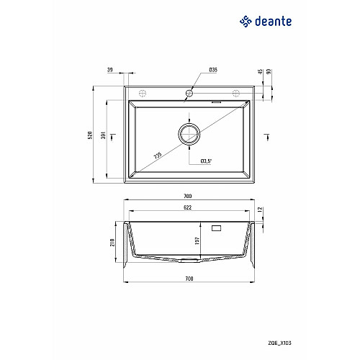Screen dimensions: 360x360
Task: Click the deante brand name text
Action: [274, 22]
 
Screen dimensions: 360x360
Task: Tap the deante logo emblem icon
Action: [246, 22]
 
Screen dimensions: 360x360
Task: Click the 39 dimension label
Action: [110, 70]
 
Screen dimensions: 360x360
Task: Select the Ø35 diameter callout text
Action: [213, 70]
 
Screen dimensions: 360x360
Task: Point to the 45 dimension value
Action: [261, 71]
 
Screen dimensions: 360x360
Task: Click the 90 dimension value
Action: [269, 71]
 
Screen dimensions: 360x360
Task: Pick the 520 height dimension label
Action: [90, 135]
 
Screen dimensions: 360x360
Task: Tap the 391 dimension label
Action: [104, 135]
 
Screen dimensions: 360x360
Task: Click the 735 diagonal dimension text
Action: [158, 156]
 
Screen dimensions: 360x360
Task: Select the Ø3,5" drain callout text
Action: [206, 161]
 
